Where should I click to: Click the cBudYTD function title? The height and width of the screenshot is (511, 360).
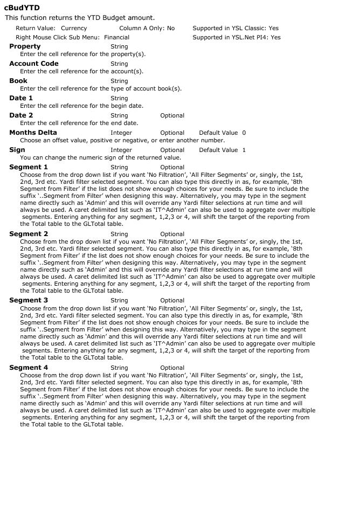pos(22,8)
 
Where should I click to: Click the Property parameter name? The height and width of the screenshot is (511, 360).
pos(25,46)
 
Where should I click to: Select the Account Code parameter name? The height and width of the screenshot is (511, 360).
pos(34,64)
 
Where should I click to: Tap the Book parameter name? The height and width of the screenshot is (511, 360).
pos(18,81)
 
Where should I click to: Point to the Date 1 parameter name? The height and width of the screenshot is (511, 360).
pos(21,98)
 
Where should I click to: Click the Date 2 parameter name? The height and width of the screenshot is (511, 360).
pos(21,115)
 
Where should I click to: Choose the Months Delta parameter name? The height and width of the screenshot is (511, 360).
pos(33,133)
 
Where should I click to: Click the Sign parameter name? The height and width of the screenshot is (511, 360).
pos(17,150)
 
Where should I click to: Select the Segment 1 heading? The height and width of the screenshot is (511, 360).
pos(29,167)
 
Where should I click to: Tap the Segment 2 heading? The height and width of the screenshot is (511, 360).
pos(29,234)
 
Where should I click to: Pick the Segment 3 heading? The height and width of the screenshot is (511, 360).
pos(29,300)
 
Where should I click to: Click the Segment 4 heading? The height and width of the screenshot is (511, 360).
pos(29,368)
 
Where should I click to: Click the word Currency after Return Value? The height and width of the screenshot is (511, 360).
pos(74,28)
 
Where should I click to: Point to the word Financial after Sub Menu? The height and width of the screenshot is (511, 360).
pos(116,38)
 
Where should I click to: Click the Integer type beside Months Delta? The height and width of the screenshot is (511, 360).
pos(121,133)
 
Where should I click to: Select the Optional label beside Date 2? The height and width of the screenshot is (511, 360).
pos(172,115)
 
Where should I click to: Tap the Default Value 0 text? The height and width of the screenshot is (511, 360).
pos(222,133)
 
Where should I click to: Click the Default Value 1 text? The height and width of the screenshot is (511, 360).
pos(222,150)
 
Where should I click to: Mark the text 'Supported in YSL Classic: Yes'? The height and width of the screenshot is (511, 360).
pos(236,28)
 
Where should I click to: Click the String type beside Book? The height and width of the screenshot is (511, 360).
pos(119,81)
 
